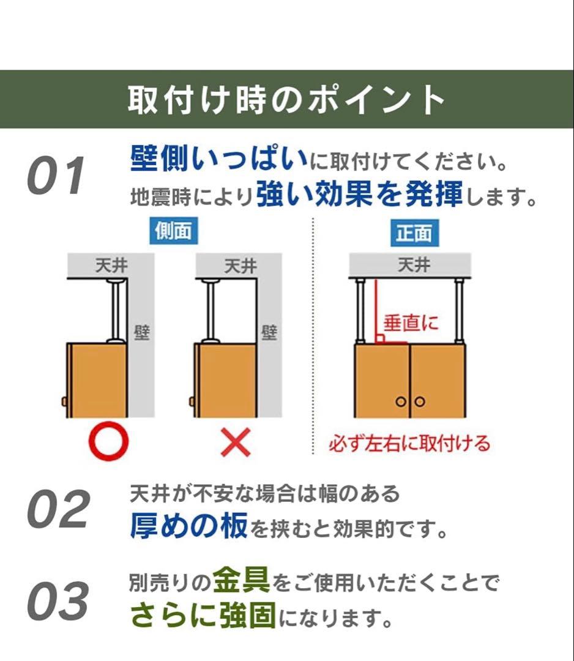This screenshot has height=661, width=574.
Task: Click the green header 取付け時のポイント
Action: click(286, 100)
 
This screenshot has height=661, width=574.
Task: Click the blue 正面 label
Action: click(414, 233)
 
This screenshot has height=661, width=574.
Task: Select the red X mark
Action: click(236, 442)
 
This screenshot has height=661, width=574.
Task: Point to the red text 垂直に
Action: click(411, 323)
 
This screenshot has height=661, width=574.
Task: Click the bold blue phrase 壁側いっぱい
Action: click(218, 160)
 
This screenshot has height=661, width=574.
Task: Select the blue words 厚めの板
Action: click(188, 525)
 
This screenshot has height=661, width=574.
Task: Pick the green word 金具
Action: click(241, 580)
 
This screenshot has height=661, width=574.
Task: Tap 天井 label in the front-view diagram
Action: click(414, 266)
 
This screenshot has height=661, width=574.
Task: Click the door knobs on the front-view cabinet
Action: click(409, 402)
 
